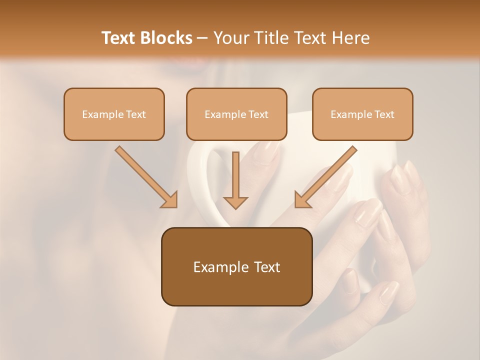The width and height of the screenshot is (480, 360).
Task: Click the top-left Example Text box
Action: (114, 114)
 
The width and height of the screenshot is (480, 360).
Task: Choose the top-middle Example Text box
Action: (236, 114)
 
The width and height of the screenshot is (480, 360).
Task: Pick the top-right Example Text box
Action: (362, 114)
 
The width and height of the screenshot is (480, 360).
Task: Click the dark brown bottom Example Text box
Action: (236, 267)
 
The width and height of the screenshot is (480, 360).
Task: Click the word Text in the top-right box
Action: (384, 114)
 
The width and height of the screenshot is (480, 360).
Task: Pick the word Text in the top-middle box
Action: (258, 114)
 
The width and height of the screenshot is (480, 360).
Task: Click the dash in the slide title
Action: (202, 38)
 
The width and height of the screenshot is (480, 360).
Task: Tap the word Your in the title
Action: (228, 38)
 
